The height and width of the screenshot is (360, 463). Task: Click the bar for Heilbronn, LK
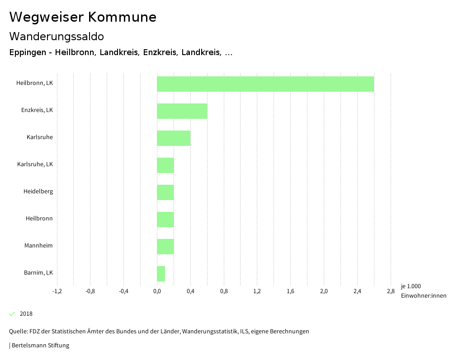(265, 84)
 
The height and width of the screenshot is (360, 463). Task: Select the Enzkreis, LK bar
(182, 111)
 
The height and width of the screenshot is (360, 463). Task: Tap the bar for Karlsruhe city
(174, 138)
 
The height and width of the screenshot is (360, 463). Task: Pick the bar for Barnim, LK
(161, 274)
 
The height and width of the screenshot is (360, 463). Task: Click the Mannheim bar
(165, 247)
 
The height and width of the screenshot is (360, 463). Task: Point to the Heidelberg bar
(165, 192)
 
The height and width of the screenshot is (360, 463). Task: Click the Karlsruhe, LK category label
(35, 164)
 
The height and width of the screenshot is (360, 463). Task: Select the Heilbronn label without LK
(39, 218)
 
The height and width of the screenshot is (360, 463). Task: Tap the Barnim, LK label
(38, 272)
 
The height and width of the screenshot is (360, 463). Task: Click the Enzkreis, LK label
(37, 110)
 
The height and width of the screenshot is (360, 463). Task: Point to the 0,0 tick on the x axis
(157, 291)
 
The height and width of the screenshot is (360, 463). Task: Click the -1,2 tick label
(57, 291)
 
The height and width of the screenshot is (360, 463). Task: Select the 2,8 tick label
(391, 291)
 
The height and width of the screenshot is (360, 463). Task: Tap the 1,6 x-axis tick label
(290, 291)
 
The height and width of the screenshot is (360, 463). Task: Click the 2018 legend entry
(26, 314)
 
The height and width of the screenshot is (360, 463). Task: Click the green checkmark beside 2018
(12, 314)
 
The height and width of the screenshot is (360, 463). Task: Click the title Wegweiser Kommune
(83, 17)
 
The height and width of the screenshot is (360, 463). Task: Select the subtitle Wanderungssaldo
(57, 36)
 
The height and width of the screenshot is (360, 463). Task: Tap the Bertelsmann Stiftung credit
(40, 346)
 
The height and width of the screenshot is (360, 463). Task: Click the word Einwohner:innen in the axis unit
(423, 296)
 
